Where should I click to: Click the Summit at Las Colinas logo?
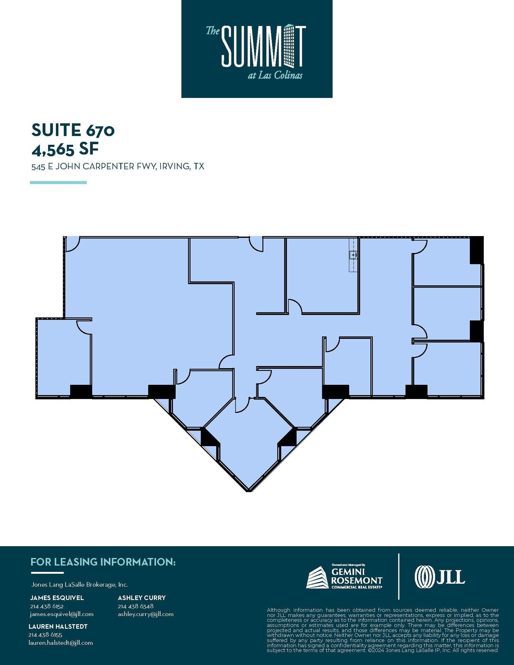257,49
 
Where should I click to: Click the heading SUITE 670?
73,130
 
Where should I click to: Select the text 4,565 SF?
65,149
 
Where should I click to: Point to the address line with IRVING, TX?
118,167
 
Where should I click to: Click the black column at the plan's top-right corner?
477,250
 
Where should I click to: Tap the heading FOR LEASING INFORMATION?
103,562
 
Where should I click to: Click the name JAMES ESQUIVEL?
57,598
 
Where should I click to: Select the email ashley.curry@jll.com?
145,614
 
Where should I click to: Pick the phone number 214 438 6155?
45,634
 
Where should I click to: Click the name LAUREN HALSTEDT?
58,626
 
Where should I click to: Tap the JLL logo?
440,577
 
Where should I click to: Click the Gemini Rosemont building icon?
317,578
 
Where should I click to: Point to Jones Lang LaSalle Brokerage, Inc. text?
79,584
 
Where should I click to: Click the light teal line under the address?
58,182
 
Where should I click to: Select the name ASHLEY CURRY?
142,598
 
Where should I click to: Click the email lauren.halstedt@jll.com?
61,643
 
